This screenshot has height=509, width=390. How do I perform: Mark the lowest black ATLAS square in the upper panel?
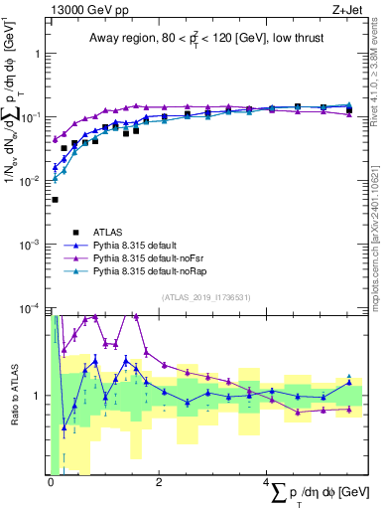55,200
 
